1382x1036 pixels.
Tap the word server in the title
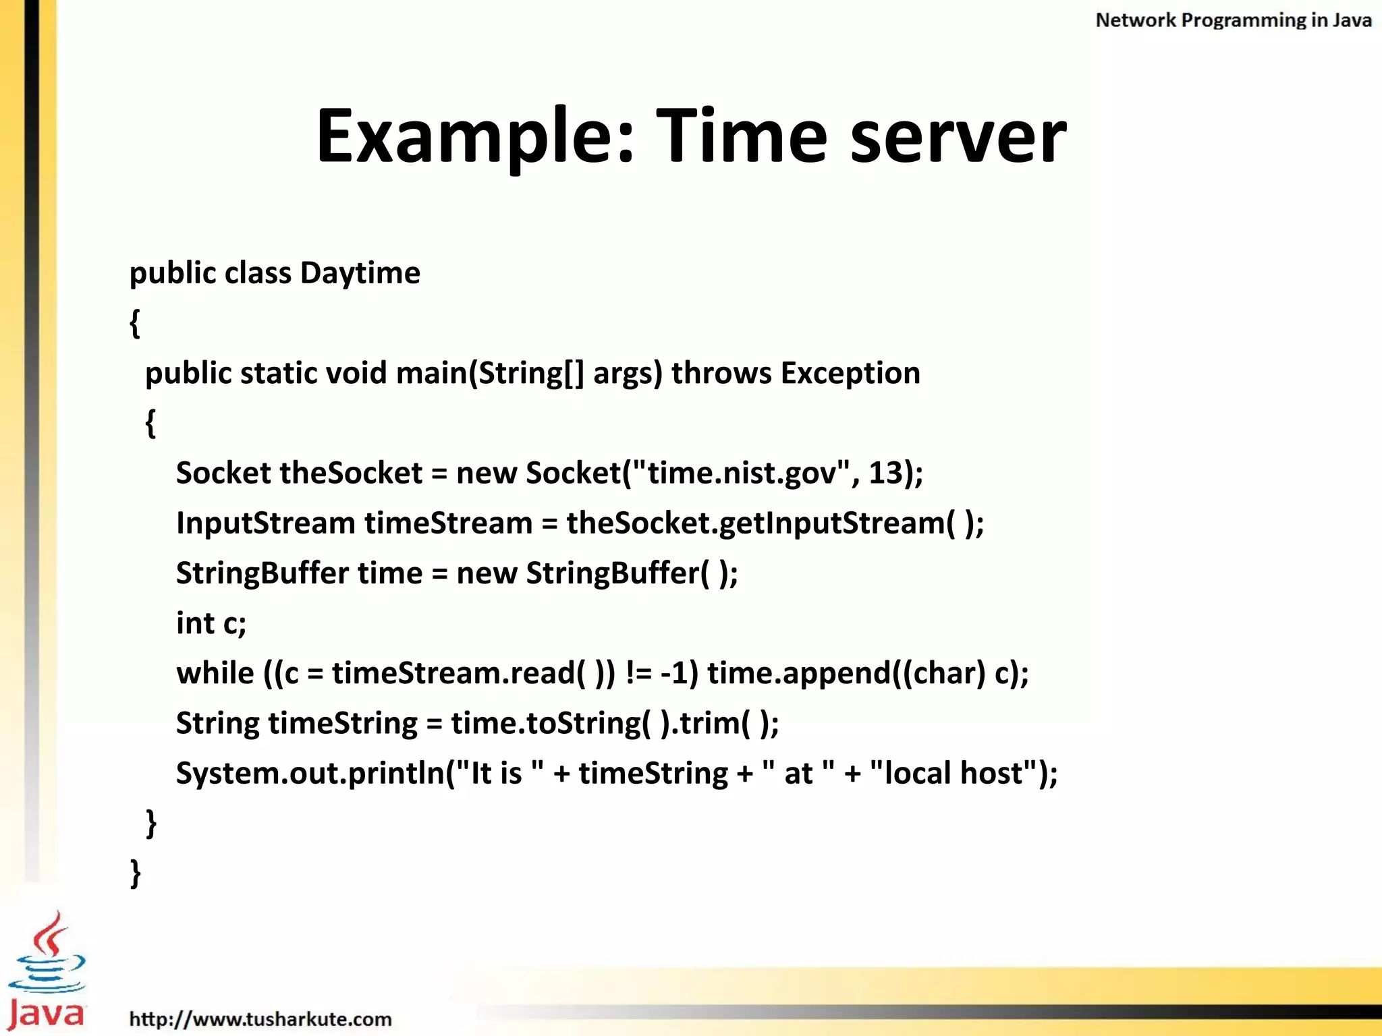[x=958, y=136]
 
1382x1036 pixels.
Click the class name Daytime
[x=360, y=273]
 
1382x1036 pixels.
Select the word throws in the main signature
[x=721, y=373]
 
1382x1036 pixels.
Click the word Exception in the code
[x=850, y=373]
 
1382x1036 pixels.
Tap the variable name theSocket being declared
[x=351, y=473]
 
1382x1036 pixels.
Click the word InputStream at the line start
[x=266, y=523]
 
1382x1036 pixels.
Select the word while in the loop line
[x=215, y=673]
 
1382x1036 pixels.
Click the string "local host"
[x=953, y=773]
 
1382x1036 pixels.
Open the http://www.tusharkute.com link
[x=260, y=1019]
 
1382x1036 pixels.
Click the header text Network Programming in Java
[x=1233, y=20]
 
